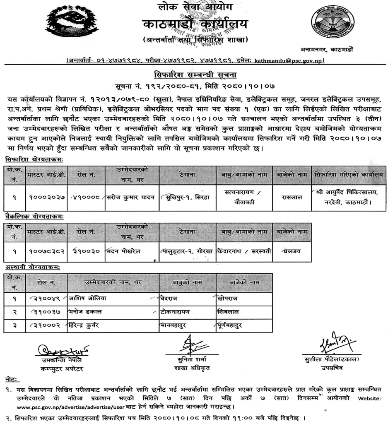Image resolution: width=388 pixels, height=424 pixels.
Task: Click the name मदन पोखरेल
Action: click(124, 251)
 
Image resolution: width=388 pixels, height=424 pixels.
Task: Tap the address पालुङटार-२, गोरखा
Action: click(187, 251)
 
